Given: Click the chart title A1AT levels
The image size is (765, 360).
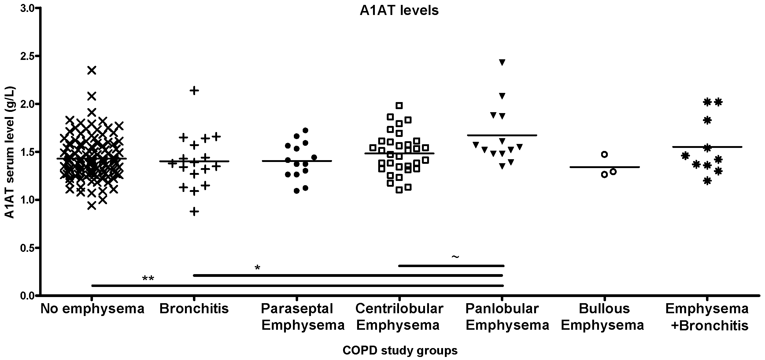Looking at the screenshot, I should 399,10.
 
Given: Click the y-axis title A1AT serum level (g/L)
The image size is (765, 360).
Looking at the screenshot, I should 10,152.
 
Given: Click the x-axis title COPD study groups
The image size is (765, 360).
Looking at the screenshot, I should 400,350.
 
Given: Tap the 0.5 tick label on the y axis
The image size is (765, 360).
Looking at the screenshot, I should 28,248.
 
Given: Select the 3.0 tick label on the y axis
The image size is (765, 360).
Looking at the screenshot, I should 28,8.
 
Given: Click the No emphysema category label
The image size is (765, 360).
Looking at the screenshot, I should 92,309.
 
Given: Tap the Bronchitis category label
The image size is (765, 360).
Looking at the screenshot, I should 194,309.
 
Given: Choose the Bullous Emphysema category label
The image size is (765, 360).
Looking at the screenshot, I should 603,317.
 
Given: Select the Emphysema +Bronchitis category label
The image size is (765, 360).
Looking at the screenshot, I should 707,317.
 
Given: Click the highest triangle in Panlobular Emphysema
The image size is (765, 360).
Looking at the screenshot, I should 502,62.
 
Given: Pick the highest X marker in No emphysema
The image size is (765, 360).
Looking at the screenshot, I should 92,70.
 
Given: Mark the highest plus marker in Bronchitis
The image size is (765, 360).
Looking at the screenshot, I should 194,90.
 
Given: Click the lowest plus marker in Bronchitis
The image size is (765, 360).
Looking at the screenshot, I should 194,211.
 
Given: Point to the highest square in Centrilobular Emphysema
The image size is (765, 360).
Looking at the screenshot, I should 399,106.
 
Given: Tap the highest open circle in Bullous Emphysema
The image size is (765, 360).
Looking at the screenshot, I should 604,154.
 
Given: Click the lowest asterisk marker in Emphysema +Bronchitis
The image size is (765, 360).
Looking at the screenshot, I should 707,181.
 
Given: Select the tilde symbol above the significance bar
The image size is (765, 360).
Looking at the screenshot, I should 455,257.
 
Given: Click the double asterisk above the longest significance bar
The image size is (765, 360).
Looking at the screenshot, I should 148,279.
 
